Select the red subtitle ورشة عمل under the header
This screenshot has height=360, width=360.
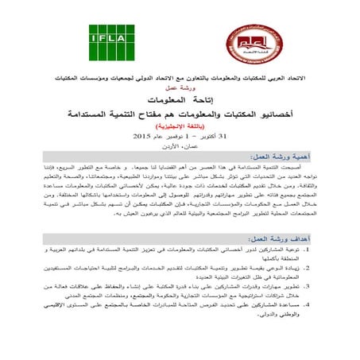pyautogui.click(x=180, y=90)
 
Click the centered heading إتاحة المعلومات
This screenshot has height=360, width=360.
pyautogui.click(x=180, y=102)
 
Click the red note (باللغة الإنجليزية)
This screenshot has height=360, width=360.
pyautogui.click(x=180, y=127)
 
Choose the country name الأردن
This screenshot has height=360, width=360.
pyautogui.click(x=170, y=151)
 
